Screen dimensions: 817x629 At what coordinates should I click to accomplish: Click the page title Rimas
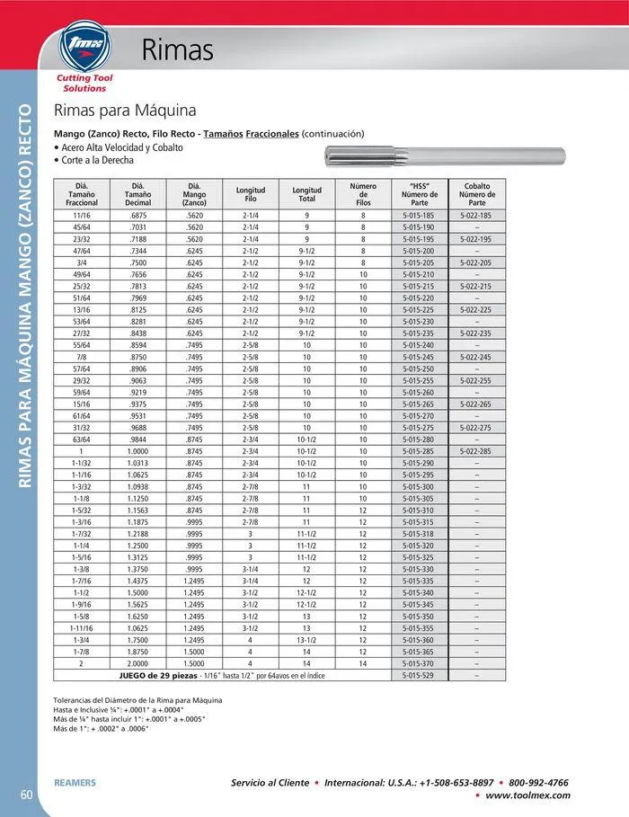(x=178, y=50)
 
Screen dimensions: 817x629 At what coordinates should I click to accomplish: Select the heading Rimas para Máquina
(x=125, y=111)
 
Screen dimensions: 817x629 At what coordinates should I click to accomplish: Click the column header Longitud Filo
(x=251, y=194)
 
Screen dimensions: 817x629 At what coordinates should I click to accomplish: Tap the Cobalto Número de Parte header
(x=476, y=194)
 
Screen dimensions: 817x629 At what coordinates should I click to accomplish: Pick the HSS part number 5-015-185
(x=419, y=216)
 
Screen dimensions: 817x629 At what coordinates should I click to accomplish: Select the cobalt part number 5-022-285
(x=476, y=450)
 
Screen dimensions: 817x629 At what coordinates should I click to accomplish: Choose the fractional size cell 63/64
(x=82, y=439)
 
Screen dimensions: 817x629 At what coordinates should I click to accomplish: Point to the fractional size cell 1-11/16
(x=82, y=626)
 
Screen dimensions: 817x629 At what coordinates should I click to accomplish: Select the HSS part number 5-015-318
(x=419, y=533)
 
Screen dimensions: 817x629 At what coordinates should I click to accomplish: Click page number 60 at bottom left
(x=27, y=794)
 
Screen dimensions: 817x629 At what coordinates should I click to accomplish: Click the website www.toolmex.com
(x=527, y=795)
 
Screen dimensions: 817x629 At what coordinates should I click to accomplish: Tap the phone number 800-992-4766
(x=538, y=782)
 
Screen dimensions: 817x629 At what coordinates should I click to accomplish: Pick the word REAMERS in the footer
(x=75, y=783)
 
